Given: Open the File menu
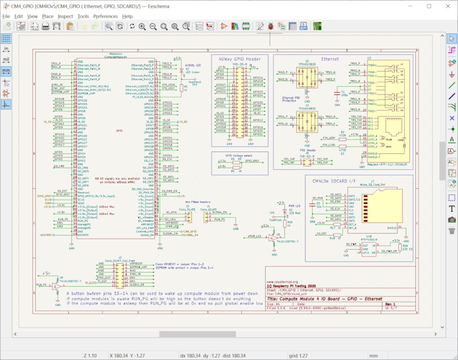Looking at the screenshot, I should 6,16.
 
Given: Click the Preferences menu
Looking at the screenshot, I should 105,16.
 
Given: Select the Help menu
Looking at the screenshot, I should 127,16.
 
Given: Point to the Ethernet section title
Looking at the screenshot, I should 330,59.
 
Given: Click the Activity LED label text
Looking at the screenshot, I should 193,65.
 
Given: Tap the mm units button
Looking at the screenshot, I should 6,71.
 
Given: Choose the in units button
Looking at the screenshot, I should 6,49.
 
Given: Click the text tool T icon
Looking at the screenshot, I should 452,208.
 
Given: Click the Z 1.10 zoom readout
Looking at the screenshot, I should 90,355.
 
